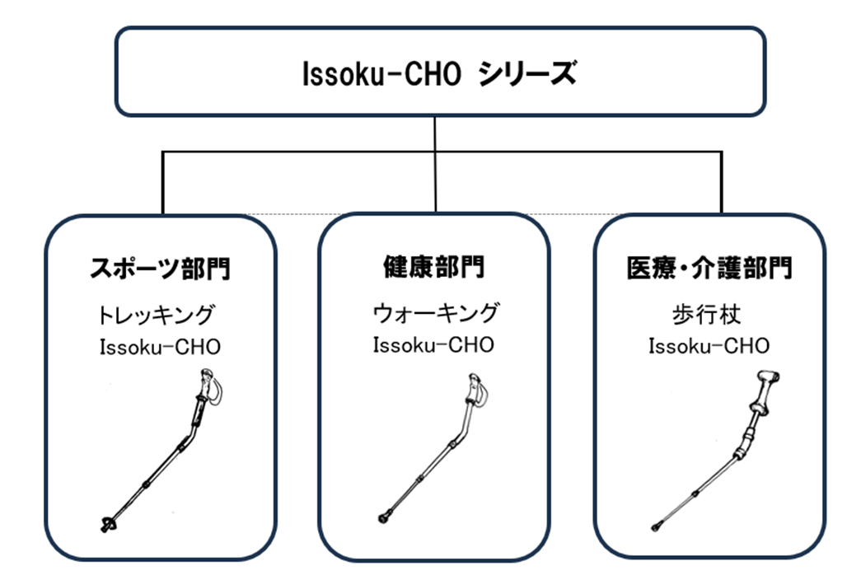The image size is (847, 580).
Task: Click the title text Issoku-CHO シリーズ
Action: tap(438, 75)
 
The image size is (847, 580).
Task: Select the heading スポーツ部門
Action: tap(159, 269)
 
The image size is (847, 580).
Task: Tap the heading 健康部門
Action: tap(434, 267)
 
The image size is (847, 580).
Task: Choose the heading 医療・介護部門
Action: tap(709, 269)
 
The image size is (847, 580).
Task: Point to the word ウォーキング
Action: tap(435, 313)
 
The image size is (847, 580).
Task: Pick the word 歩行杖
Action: tap(709, 316)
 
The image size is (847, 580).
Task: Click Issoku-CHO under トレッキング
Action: tap(160, 346)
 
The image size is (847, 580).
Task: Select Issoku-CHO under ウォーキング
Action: tap(433, 344)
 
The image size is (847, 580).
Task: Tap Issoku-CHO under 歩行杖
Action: tap(709, 344)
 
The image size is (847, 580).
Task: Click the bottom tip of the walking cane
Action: tap(656, 526)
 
